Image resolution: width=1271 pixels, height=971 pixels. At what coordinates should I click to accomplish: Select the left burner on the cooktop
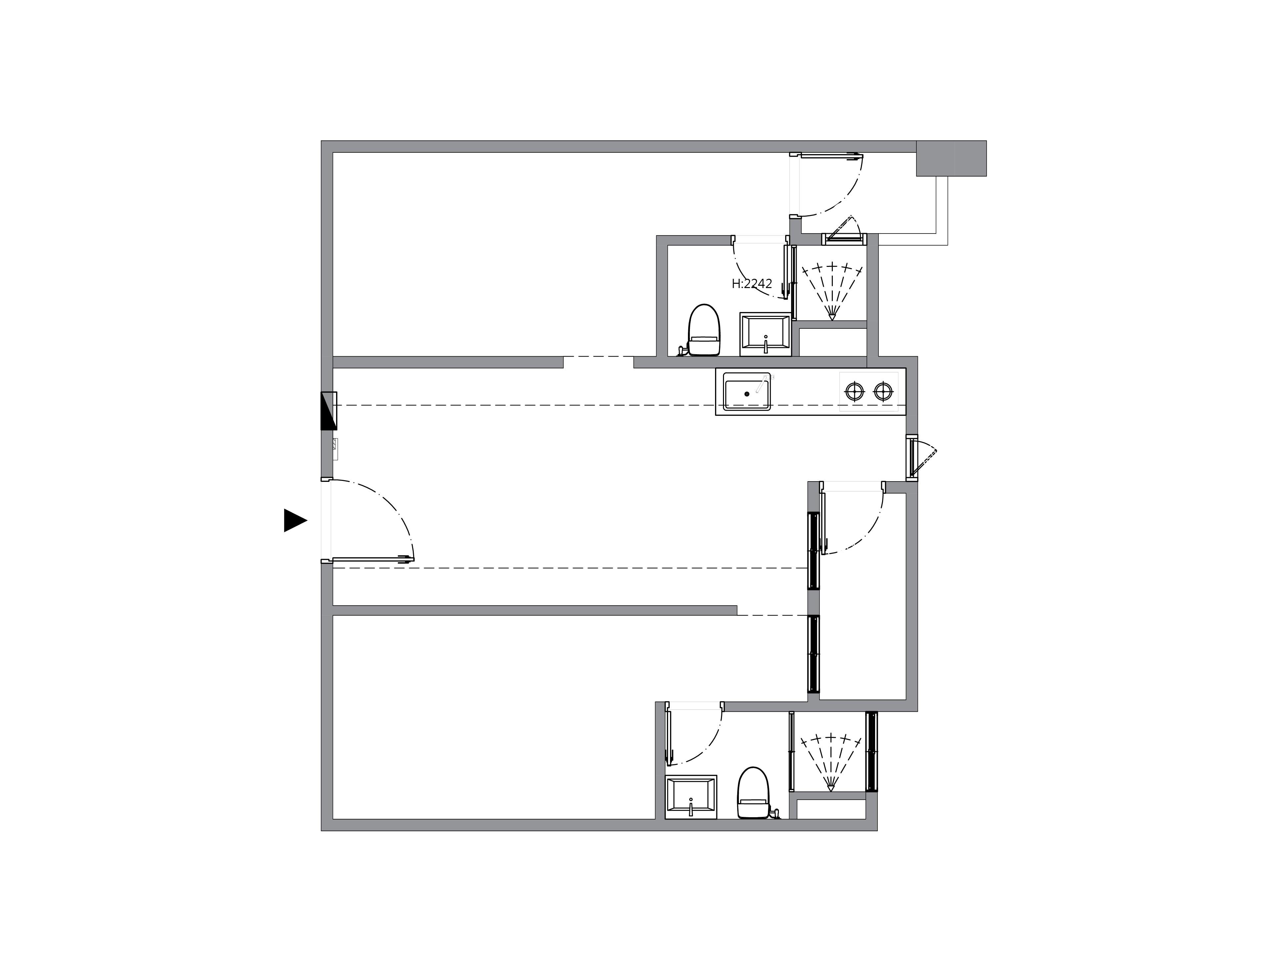click(854, 392)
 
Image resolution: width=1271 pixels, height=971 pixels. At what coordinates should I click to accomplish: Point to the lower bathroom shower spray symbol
click(831, 762)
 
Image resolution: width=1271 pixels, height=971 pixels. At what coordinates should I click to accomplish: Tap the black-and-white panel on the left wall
click(329, 410)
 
